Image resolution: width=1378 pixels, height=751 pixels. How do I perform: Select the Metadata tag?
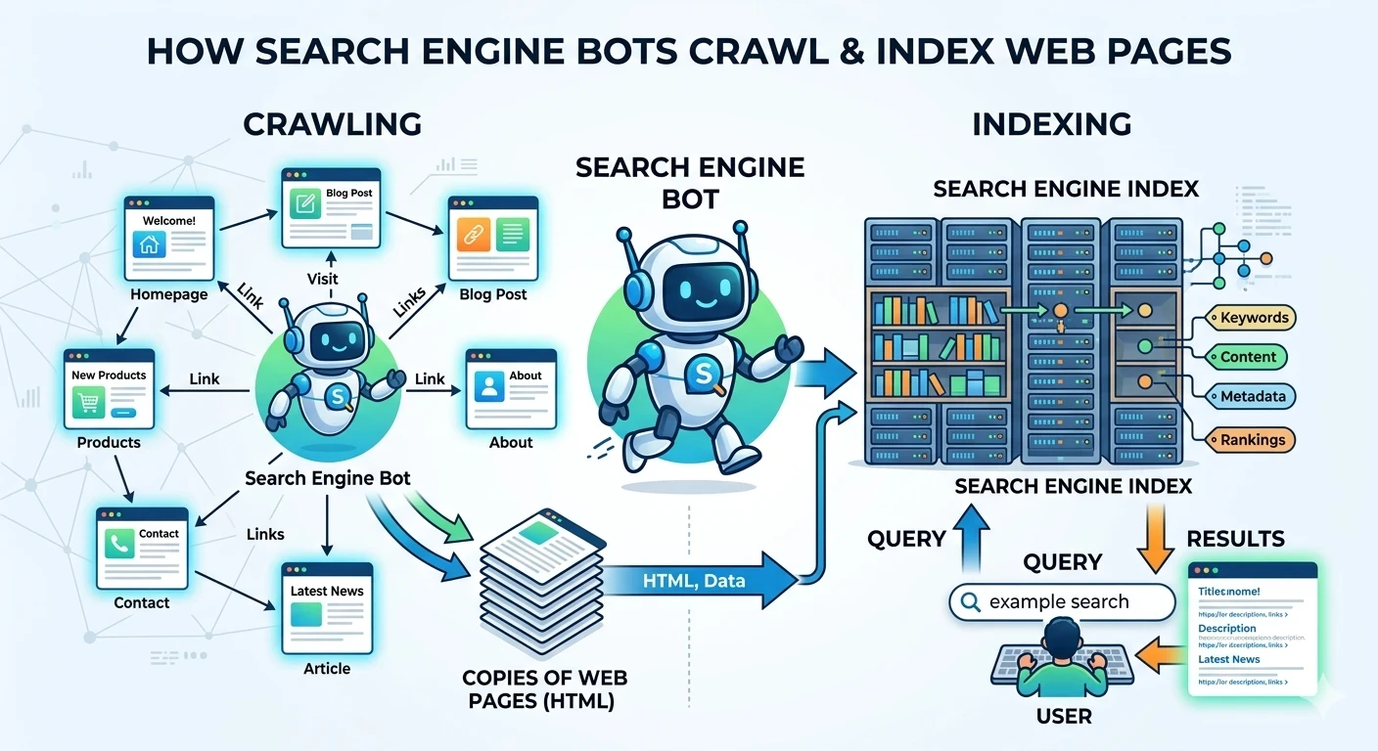[x=1253, y=396]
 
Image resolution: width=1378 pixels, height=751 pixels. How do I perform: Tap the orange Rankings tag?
[x=1252, y=440]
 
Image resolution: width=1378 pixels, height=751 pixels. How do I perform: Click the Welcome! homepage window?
[x=168, y=238]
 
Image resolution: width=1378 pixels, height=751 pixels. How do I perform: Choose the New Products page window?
[x=109, y=389]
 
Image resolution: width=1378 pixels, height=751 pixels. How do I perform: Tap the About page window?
[x=510, y=388]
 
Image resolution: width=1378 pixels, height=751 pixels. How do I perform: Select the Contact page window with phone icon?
[x=142, y=548]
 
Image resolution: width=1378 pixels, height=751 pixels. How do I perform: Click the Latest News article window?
[x=327, y=607]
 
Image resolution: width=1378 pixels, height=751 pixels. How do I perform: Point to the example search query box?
[x=1062, y=602]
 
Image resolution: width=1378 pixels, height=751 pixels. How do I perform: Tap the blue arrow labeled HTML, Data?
[x=695, y=580]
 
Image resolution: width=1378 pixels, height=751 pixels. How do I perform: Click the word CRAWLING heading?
[x=332, y=124]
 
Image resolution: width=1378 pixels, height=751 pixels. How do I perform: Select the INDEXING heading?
[x=1052, y=124]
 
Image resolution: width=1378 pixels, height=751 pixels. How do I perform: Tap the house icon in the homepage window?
[x=150, y=244]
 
